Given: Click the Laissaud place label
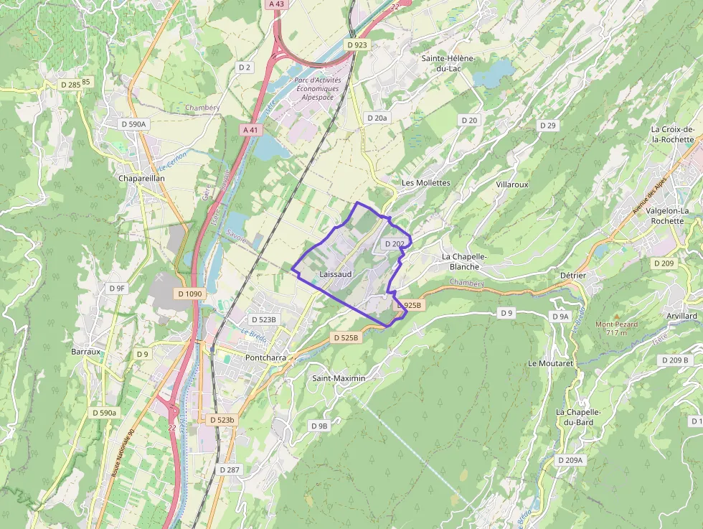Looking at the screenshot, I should click(336, 274).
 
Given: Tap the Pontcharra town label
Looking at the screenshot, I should click(266, 357).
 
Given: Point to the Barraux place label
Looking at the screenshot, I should click(86, 352).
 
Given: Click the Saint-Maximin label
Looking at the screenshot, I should click(339, 378).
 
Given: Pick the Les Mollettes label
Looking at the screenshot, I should click(425, 183).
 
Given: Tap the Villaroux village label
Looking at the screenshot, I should click(511, 184).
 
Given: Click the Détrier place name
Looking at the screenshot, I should click(572, 276).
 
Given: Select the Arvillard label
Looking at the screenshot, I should click(681, 316).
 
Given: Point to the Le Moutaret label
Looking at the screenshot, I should click(550, 363).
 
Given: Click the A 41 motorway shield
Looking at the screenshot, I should click(250, 130).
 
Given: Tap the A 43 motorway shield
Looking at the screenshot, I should click(275, 4).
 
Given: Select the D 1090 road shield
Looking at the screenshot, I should click(190, 294).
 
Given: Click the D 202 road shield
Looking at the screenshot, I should click(395, 244).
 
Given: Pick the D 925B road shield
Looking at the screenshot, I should click(410, 305).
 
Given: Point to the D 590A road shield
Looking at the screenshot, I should click(133, 124).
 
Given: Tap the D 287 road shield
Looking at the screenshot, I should click(230, 469).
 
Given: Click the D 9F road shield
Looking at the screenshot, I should click(117, 289).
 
